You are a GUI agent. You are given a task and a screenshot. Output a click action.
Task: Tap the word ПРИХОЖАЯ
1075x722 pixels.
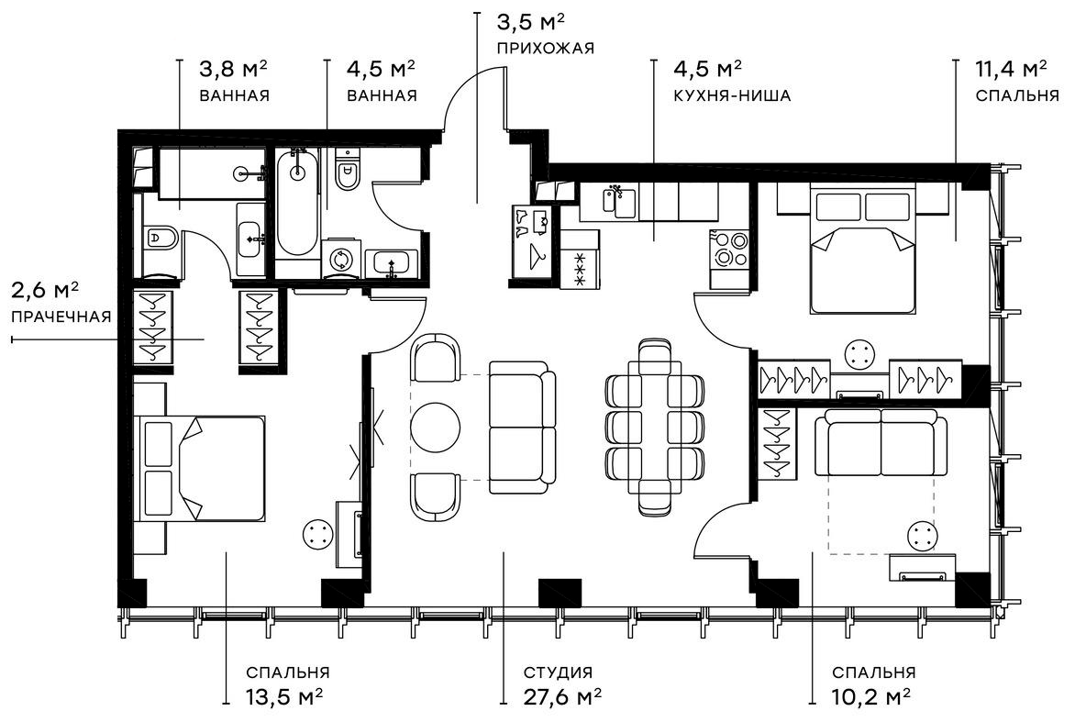pyautogui.click(x=545, y=48)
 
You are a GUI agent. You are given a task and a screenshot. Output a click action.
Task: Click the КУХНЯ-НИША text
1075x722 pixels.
pyautogui.click(x=731, y=94)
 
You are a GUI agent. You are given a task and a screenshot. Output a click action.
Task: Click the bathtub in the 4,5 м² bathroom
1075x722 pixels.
pyautogui.click(x=297, y=204)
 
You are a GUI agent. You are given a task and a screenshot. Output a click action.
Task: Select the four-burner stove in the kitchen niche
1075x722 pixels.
pyautogui.click(x=730, y=249)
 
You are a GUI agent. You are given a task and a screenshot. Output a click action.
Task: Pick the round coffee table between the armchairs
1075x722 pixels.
pyautogui.click(x=433, y=426)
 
